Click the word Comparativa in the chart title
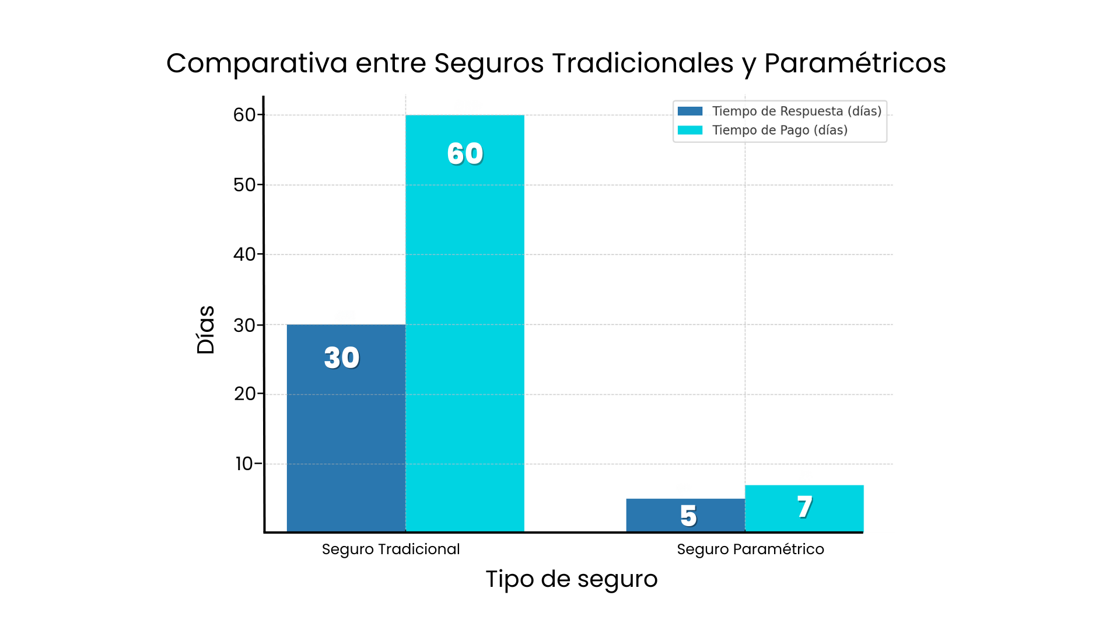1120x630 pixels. point(257,63)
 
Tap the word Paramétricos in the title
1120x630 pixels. point(855,63)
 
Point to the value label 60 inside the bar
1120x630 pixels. point(465,154)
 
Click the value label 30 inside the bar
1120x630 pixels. point(342,358)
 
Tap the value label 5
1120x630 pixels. point(688,516)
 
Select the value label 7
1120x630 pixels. point(805,507)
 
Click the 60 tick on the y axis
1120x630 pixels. point(244,115)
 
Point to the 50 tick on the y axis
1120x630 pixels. point(244,185)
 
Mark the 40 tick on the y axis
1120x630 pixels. point(244,254)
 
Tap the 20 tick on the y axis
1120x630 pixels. point(245,394)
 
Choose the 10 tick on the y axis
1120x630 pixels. point(244,464)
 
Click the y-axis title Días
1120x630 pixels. point(206,330)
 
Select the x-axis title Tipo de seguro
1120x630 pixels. point(572,579)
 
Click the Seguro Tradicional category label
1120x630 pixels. point(391,549)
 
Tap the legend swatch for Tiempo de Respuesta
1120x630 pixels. point(690,111)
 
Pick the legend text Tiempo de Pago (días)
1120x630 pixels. point(780,130)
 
